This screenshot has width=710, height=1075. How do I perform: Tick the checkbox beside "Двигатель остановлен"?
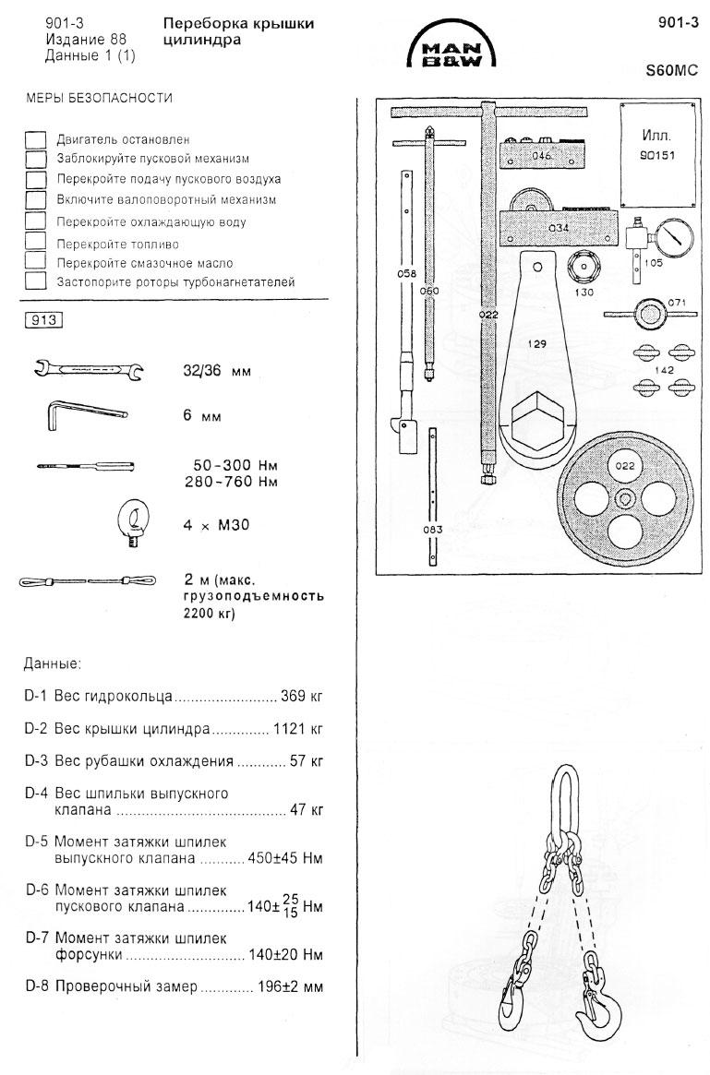pyautogui.click(x=36, y=139)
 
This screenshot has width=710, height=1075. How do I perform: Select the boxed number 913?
pyautogui.click(x=45, y=321)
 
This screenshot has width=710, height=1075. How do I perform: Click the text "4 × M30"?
pyautogui.click(x=218, y=526)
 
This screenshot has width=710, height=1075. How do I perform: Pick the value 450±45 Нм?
pyautogui.click(x=285, y=858)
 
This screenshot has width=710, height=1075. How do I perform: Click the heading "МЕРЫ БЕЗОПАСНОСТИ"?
pyautogui.click(x=99, y=98)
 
